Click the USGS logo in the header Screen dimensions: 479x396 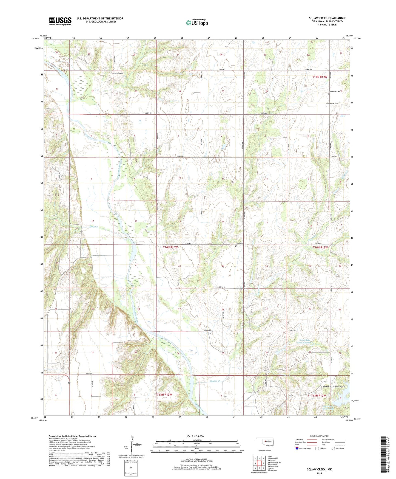[x=60, y=21]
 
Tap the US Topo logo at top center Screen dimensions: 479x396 [x=197, y=22]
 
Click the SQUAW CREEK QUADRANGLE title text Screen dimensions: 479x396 [x=327, y=18]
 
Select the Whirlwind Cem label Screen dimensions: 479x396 [x=118, y=74]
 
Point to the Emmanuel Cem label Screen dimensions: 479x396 [x=334, y=91]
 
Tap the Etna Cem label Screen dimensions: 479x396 [x=239, y=243]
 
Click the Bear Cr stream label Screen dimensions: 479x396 [x=94, y=227]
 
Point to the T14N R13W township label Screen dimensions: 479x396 [x=170, y=247]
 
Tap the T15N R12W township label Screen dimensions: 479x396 [x=320, y=77]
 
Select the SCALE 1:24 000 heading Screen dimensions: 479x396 [x=195, y=436]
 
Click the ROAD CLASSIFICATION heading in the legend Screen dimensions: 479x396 [x=320, y=436]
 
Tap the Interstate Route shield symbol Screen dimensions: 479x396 [x=297, y=448]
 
